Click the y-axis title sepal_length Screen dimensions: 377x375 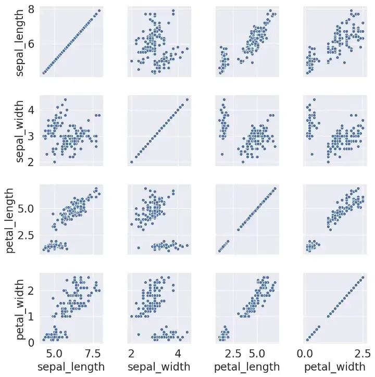[x=19, y=42]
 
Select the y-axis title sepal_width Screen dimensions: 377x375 [x=19, y=131]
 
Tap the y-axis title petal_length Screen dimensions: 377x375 [x=11, y=220]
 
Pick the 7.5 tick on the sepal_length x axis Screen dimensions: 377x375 [x=93, y=352]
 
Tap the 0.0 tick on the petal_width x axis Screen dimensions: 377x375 [x=305, y=352]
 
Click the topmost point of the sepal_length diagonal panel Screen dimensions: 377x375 [x=99, y=10]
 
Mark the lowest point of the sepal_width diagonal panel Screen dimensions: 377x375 [x=131, y=162]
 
